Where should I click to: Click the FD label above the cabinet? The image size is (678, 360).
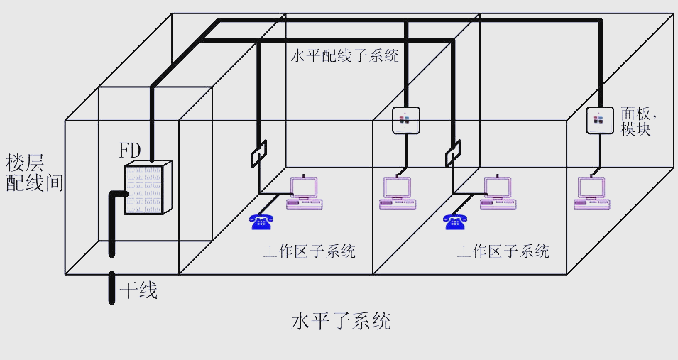click(x=130, y=151)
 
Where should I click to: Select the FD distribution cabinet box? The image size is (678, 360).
click(x=149, y=188)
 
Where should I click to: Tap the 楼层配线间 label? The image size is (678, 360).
click(x=34, y=173)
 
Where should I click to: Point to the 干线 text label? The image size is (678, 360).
click(x=138, y=290)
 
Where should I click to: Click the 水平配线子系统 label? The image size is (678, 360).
click(x=344, y=56)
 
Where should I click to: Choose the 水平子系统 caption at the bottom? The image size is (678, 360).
click(x=341, y=321)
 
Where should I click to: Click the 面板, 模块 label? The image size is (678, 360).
click(x=636, y=121)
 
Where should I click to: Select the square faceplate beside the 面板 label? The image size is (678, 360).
click(x=599, y=120)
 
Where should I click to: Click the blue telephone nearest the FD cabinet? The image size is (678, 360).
click(x=261, y=221)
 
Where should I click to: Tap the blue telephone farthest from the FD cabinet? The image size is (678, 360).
click(x=455, y=221)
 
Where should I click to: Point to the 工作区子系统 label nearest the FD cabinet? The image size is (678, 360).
click(x=309, y=251)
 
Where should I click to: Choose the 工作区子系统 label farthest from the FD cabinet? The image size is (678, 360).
click(x=503, y=251)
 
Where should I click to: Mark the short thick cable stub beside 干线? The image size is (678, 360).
click(x=111, y=288)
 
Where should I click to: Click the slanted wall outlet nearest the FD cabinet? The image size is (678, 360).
click(x=258, y=153)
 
